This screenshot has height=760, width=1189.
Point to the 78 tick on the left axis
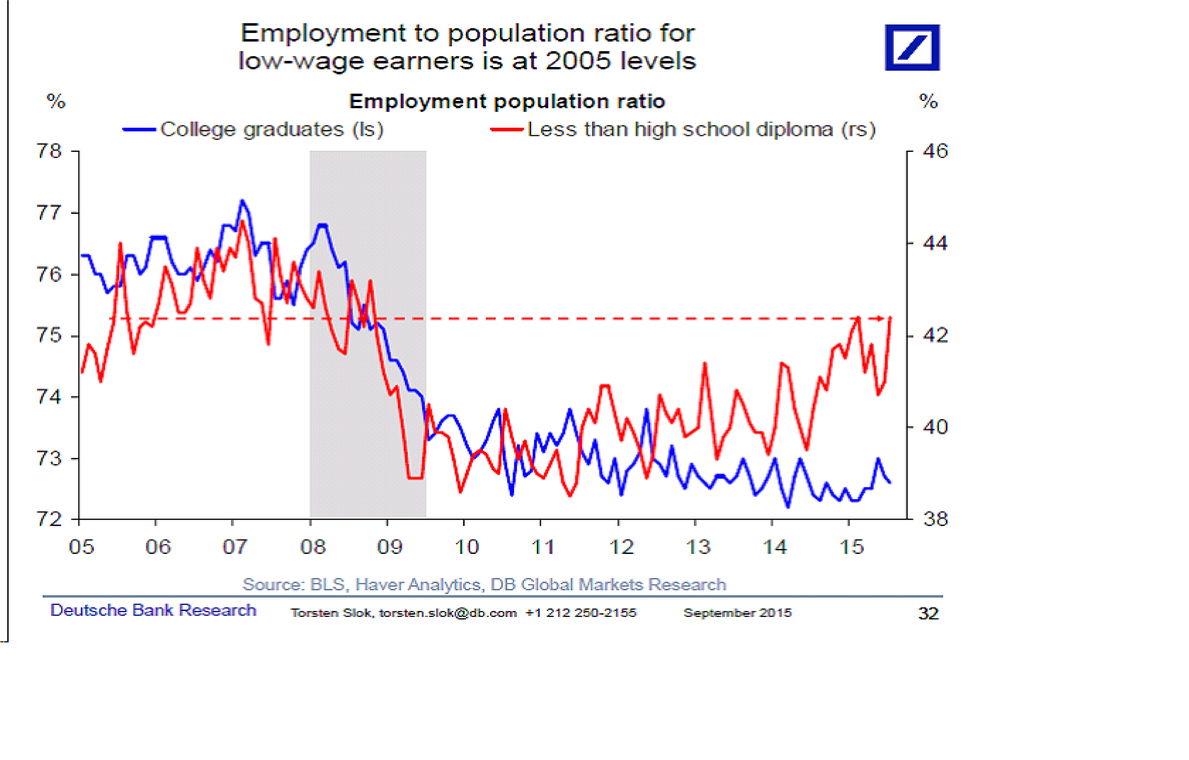tap(49, 151)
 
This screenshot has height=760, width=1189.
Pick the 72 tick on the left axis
tap(49, 519)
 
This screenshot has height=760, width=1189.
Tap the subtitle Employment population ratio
tap(507, 101)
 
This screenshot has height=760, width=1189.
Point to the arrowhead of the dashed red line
tap(880, 319)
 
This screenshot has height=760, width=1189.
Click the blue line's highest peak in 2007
tap(242, 201)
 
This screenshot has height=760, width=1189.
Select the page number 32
tap(928, 613)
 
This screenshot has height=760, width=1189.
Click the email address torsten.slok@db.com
tap(448, 613)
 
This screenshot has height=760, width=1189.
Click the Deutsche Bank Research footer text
tap(153, 610)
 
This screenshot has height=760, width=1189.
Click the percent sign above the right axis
tap(928, 102)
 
